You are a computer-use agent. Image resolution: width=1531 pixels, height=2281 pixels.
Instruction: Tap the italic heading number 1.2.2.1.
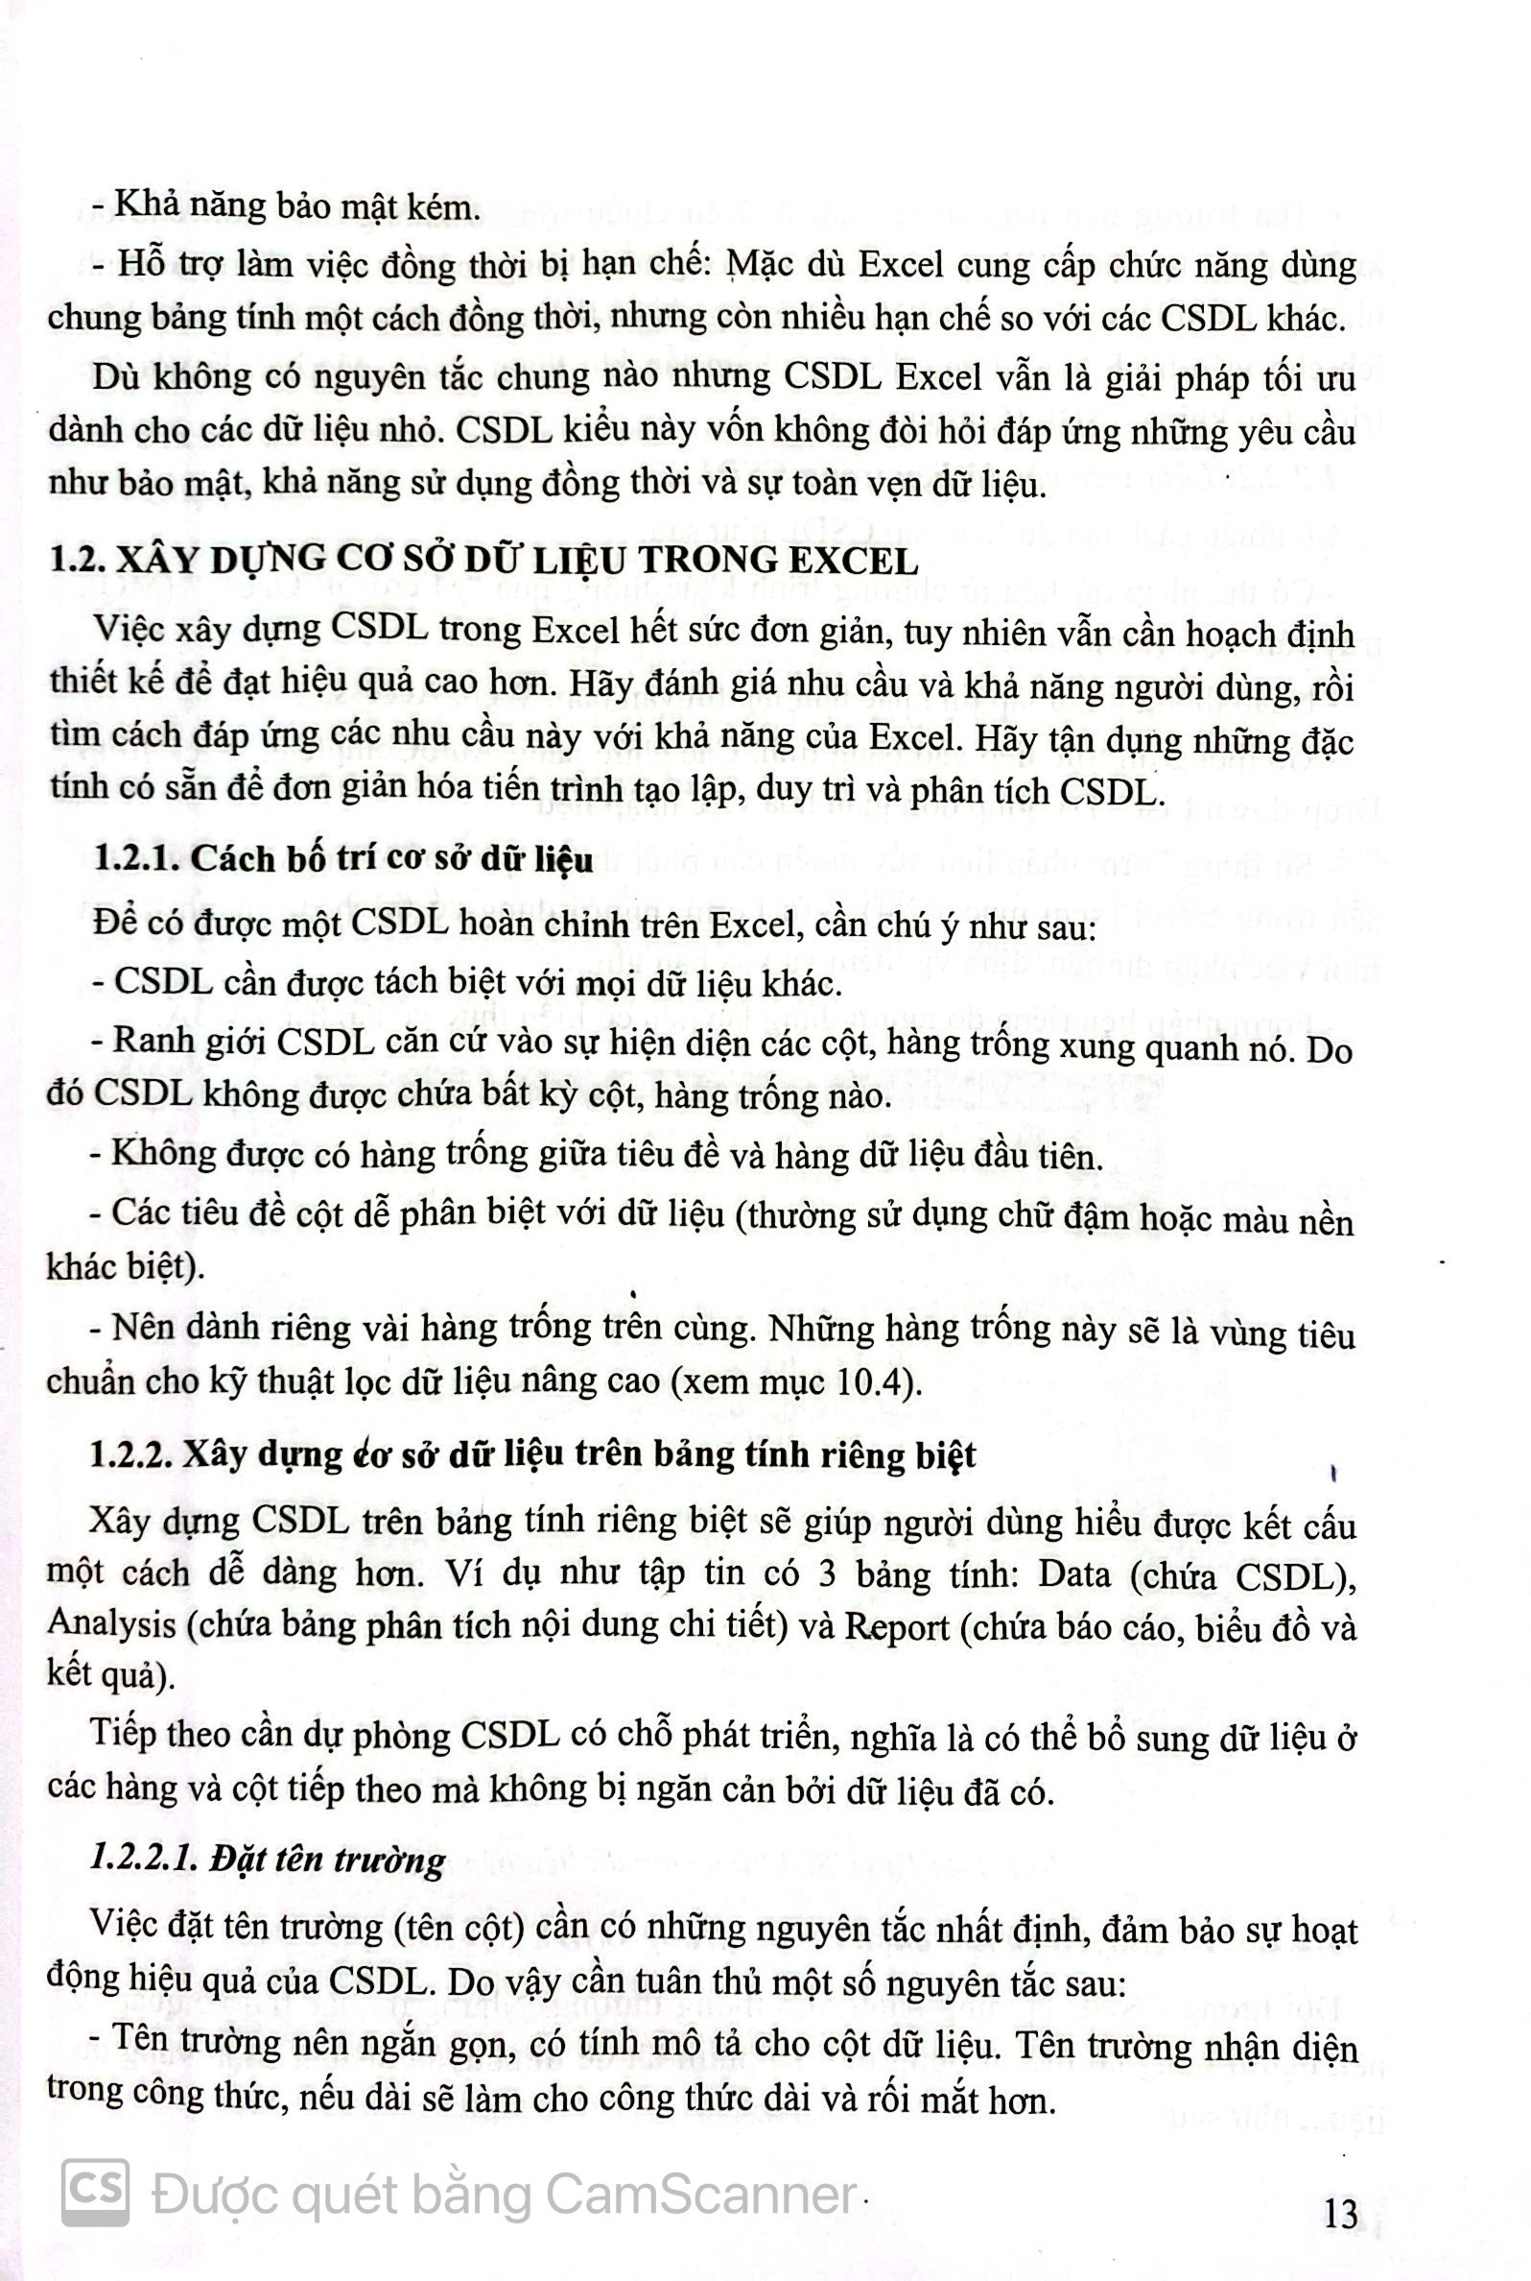tap(147, 1859)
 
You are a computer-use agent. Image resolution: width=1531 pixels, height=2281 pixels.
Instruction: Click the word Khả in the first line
tap(145, 206)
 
